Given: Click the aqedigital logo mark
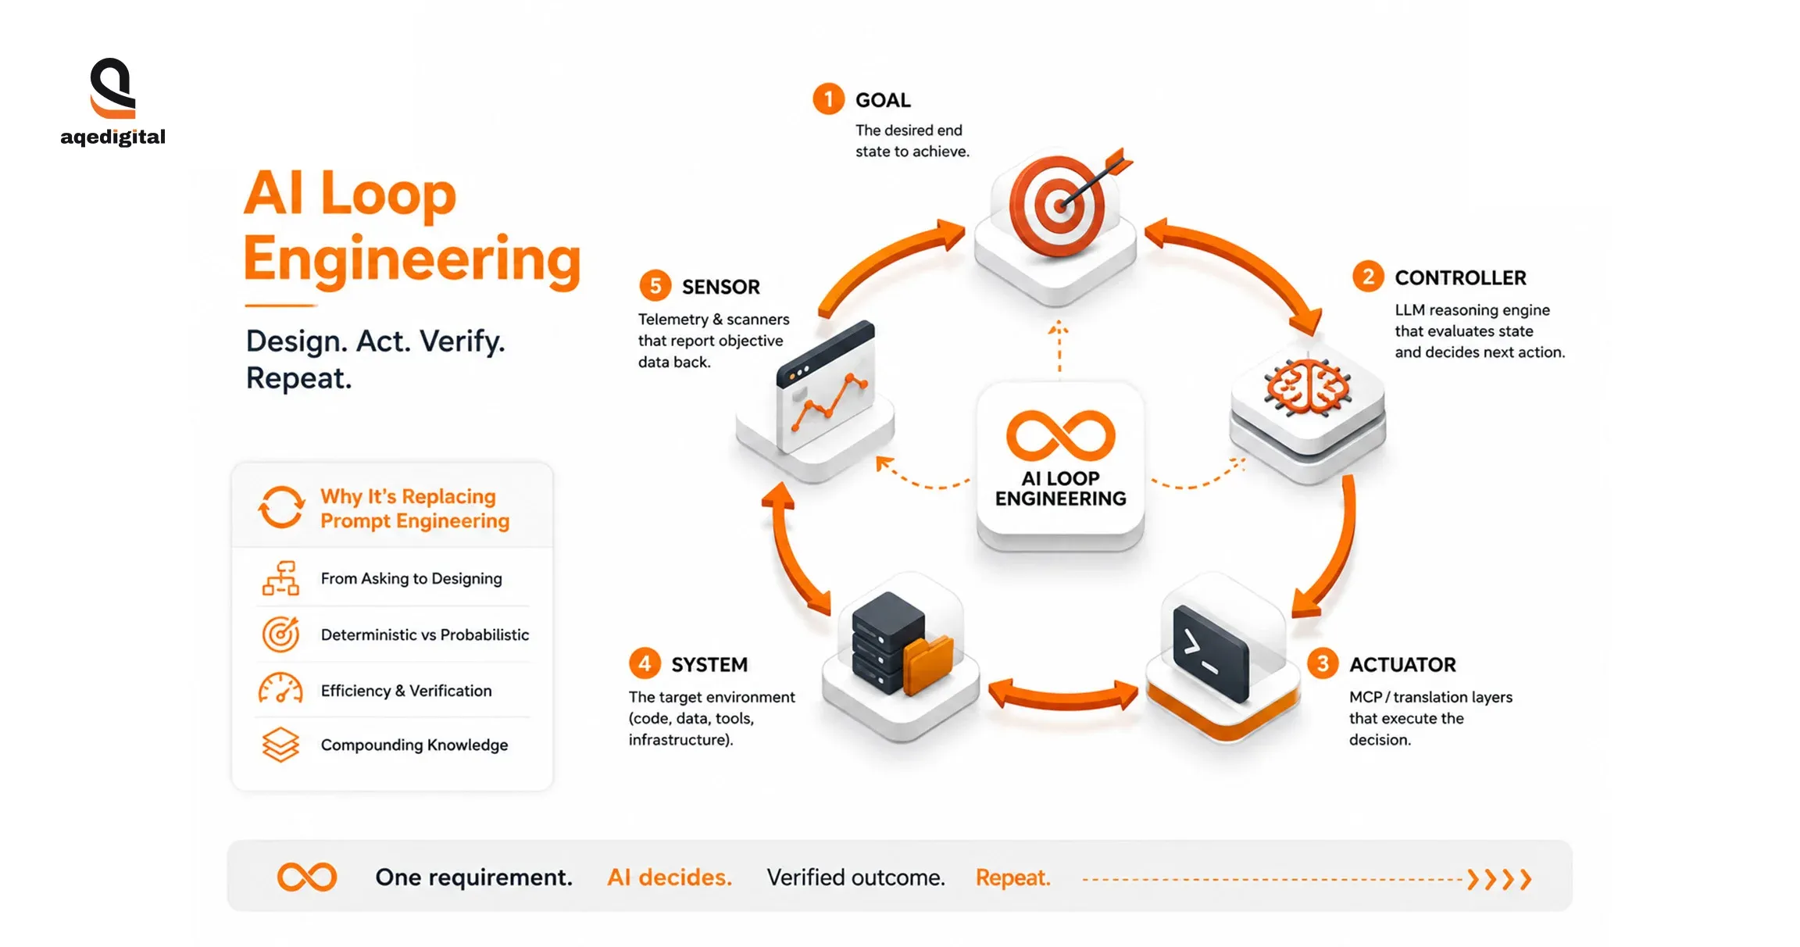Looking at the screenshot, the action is (x=113, y=88).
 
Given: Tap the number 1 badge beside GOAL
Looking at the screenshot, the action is (x=828, y=99).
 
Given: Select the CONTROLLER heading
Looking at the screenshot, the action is (x=1460, y=277).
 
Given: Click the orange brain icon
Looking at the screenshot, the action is (x=1307, y=386).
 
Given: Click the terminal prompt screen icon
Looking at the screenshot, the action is (x=1210, y=653).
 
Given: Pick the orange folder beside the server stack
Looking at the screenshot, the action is (x=928, y=663).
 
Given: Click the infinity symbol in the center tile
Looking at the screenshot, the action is (x=1060, y=435).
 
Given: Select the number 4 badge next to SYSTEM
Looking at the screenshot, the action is (x=645, y=664).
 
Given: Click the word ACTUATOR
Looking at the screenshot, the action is (x=1402, y=665).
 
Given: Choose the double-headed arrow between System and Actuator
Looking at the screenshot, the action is (x=1063, y=695).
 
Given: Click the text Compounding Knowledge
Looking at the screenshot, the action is (x=414, y=745).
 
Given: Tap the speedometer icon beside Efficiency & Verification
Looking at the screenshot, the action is (x=280, y=688).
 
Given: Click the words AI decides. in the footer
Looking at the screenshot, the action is (x=670, y=877).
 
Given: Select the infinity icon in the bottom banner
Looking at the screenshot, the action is (x=307, y=877).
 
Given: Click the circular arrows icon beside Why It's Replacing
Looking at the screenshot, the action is (x=281, y=507).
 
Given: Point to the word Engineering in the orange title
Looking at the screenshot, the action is (x=412, y=259).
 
